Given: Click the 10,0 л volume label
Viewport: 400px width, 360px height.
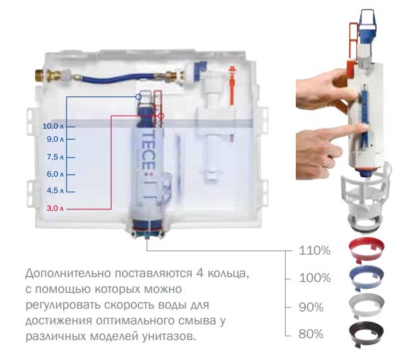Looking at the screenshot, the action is pos(53,126).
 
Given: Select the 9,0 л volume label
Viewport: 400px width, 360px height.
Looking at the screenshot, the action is pos(55,139).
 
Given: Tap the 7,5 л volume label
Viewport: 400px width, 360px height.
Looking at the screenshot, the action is pos(55,157).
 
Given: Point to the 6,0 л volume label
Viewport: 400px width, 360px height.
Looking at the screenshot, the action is pos(55,174).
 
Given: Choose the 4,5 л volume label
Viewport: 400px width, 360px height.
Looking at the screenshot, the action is pos(55,190).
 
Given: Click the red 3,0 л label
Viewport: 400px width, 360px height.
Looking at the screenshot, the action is pos(55,209).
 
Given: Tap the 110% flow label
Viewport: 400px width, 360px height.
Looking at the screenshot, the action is pos(314,250).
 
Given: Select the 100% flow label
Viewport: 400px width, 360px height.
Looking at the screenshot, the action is pos(314,278).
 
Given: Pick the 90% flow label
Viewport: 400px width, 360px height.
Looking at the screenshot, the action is pos(311,307).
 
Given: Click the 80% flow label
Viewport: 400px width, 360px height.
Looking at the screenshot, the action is pos(311,334).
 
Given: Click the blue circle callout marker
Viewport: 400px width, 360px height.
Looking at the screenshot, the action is pos(138,97).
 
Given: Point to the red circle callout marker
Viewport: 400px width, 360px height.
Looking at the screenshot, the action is pos(161,116).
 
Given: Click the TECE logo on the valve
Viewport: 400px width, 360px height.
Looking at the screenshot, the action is pos(148,153).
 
